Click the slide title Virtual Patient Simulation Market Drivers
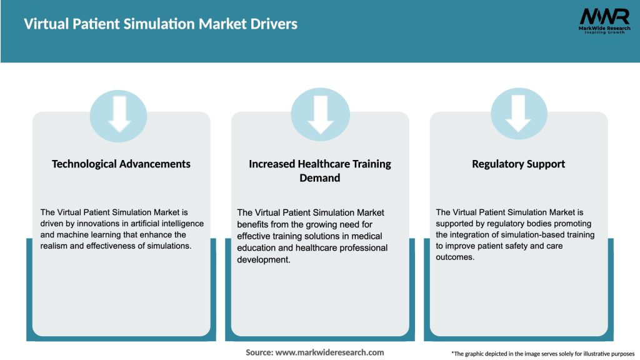point(161,24)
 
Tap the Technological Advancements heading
point(121,164)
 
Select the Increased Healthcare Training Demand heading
point(320,171)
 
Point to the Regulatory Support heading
point(519,164)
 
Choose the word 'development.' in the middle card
point(263,259)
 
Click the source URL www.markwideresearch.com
point(329,352)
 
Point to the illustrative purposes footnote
point(542,354)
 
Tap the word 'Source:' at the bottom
point(259,352)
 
